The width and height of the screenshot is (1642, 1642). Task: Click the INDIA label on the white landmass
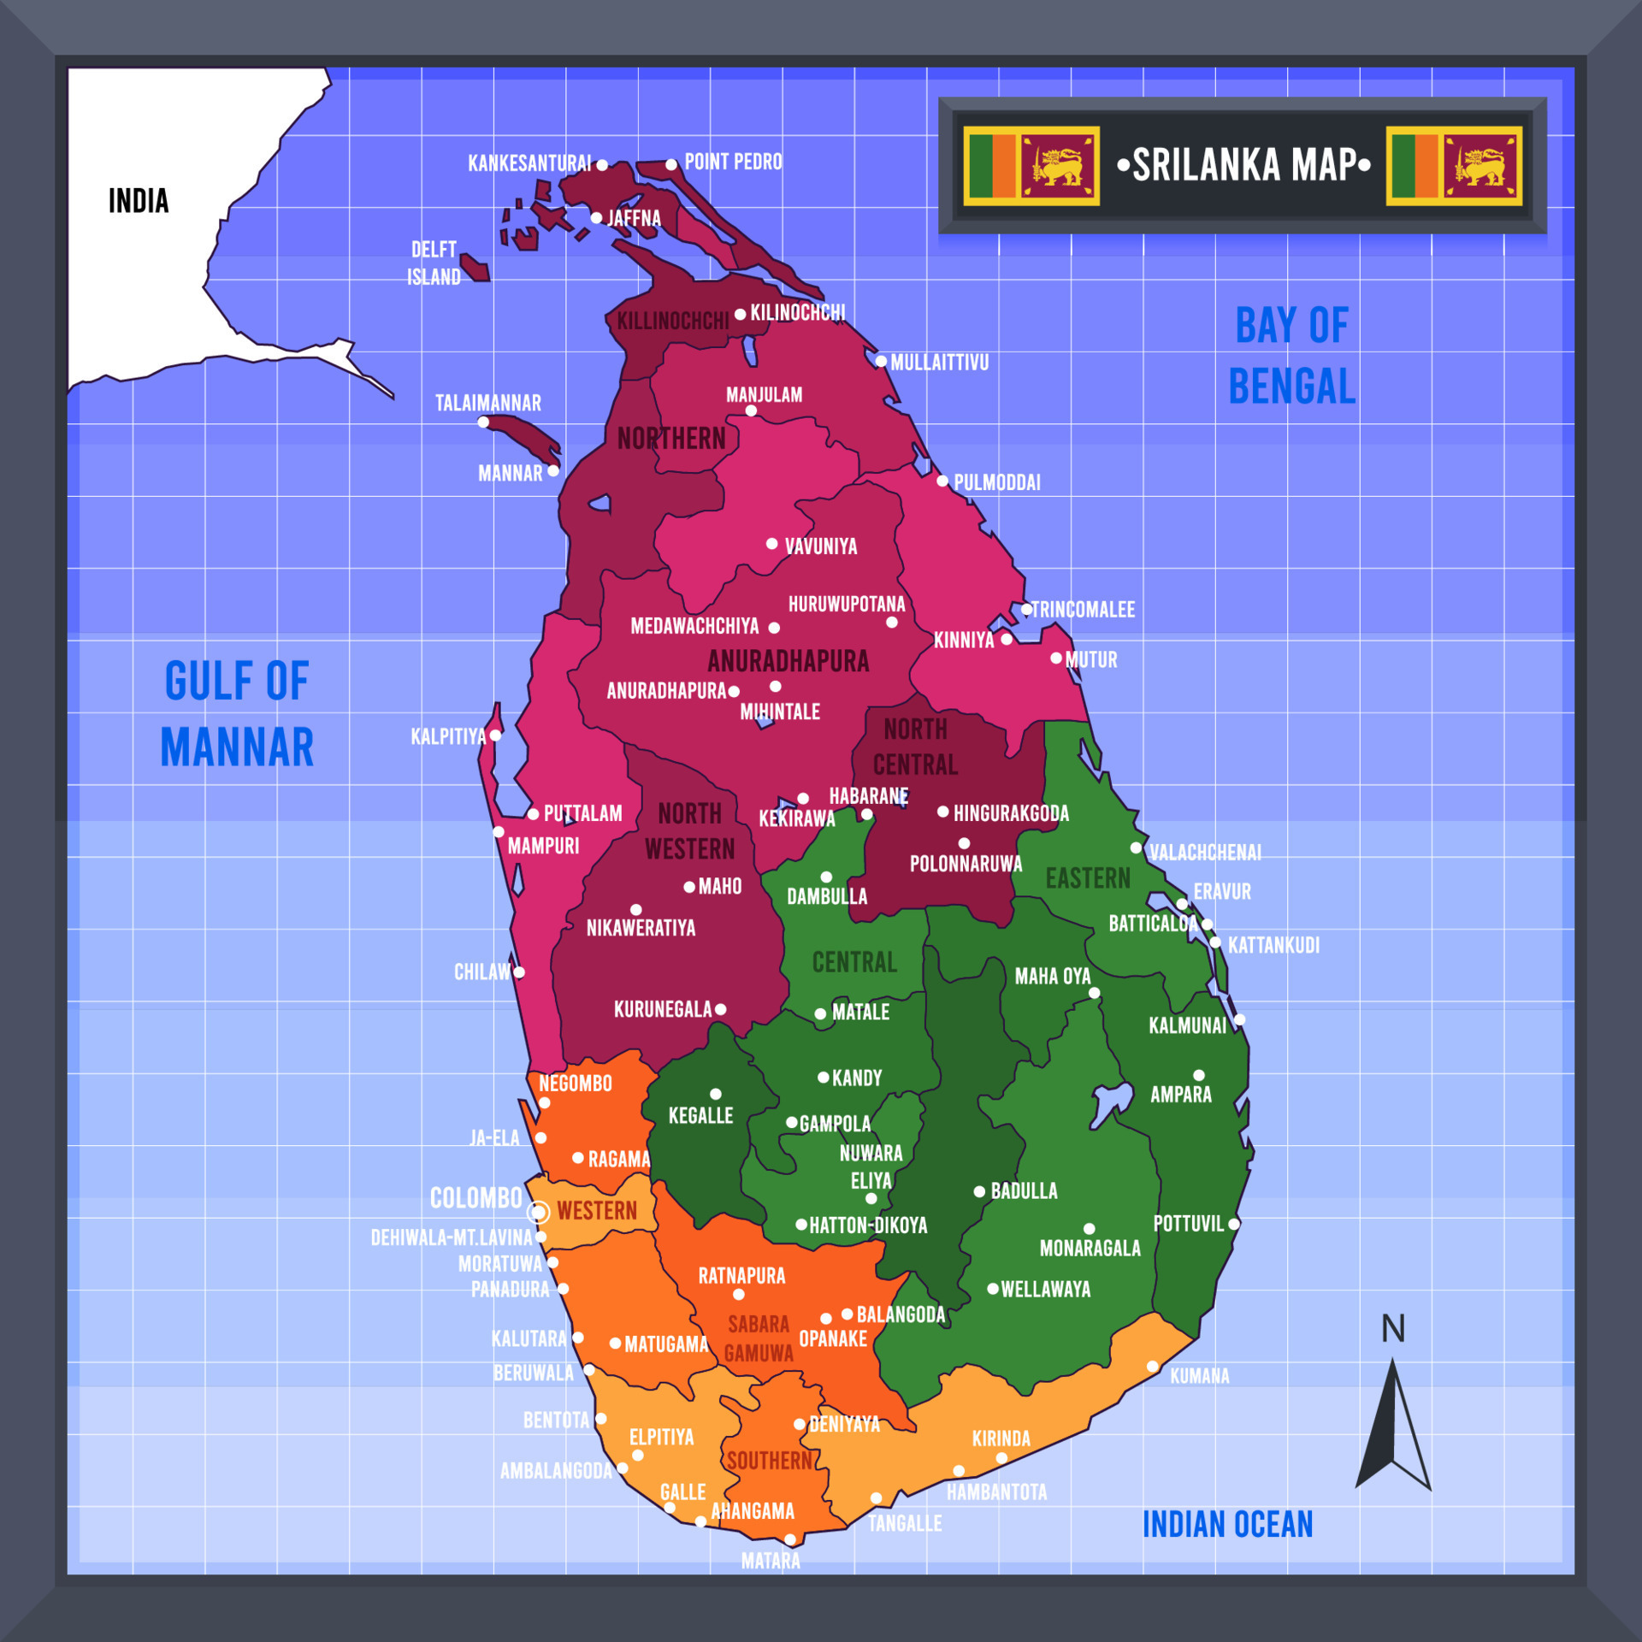pyautogui.click(x=139, y=201)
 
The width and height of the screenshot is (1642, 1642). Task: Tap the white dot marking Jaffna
pyautogui.click(x=596, y=218)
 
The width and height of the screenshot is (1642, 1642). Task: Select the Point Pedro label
pyautogui.click(x=733, y=162)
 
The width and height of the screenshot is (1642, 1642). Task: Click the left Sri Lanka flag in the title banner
pyautogui.click(x=1031, y=166)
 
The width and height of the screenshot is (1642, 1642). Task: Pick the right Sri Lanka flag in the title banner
pyautogui.click(x=1454, y=166)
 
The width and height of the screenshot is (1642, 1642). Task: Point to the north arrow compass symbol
pyautogui.click(x=1393, y=1424)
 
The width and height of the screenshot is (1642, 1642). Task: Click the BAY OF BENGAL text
pyautogui.click(x=1291, y=356)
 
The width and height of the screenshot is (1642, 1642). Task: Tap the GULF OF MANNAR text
pyautogui.click(x=237, y=714)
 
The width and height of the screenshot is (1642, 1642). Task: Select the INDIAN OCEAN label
pyautogui.click(x=1227, y=1524)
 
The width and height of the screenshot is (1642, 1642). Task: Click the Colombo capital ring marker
pyautogui.click(x=539, y=1212)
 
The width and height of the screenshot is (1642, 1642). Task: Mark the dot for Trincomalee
pyautogui.click(x=1026, y=610)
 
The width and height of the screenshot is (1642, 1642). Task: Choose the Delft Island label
pyautogui.click(x=434, y=263)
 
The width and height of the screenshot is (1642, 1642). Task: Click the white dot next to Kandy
pyautogui.click(x=823, y=1078)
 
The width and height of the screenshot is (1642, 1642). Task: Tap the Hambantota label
pyautogui.click(x=996, y=1492)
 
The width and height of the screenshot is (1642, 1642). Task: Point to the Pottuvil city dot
pyautogui.click(x=1234, y=1224)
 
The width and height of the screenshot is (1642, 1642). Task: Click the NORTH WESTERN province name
pyautogui.click(x=689, y=831)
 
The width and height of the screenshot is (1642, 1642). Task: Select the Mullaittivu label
pyautogui.click(x=939, y=363)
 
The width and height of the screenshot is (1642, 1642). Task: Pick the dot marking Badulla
pyautogui.click(x=979, y=1191)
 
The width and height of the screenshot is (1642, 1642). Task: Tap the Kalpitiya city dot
pyautogui.click(x=495, y=735)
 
